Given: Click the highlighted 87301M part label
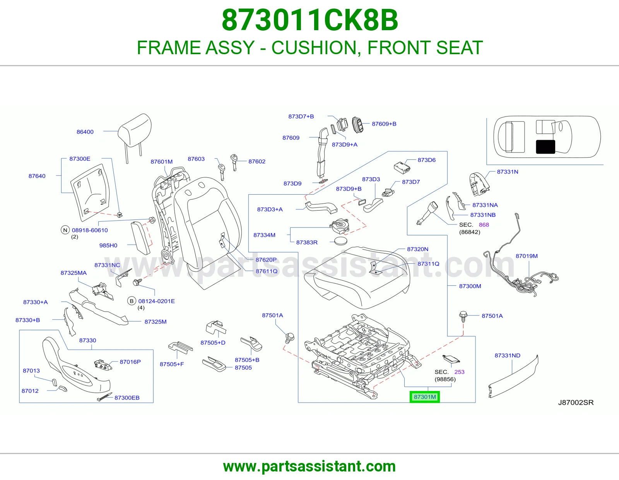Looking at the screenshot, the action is click(424, 397).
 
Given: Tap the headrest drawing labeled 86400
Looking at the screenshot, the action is click(134, 134).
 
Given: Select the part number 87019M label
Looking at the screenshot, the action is click(527, 256).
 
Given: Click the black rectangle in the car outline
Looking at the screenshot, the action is click(545, 147).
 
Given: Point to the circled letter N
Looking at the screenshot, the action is click(65, 230).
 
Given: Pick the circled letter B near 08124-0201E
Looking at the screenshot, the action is click(132, 301).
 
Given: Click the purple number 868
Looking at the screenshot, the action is click(484, 225).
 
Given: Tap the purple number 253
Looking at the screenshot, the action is click(459, 372).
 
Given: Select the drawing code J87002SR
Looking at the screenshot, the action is click(576, 403).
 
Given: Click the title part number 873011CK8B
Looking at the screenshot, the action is click(309, 20).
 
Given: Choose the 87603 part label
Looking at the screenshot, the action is click(196, 159).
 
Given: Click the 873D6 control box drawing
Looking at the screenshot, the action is click(402, 168).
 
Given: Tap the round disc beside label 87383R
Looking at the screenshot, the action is click(341, 241).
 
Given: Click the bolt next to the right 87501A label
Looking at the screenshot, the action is click(463, 316).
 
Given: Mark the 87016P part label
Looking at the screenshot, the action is click(130, 362).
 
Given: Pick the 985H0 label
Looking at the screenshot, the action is click(108, 245).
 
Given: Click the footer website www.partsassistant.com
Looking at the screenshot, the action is click(309, 466).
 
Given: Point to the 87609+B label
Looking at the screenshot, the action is click(384, 124).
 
